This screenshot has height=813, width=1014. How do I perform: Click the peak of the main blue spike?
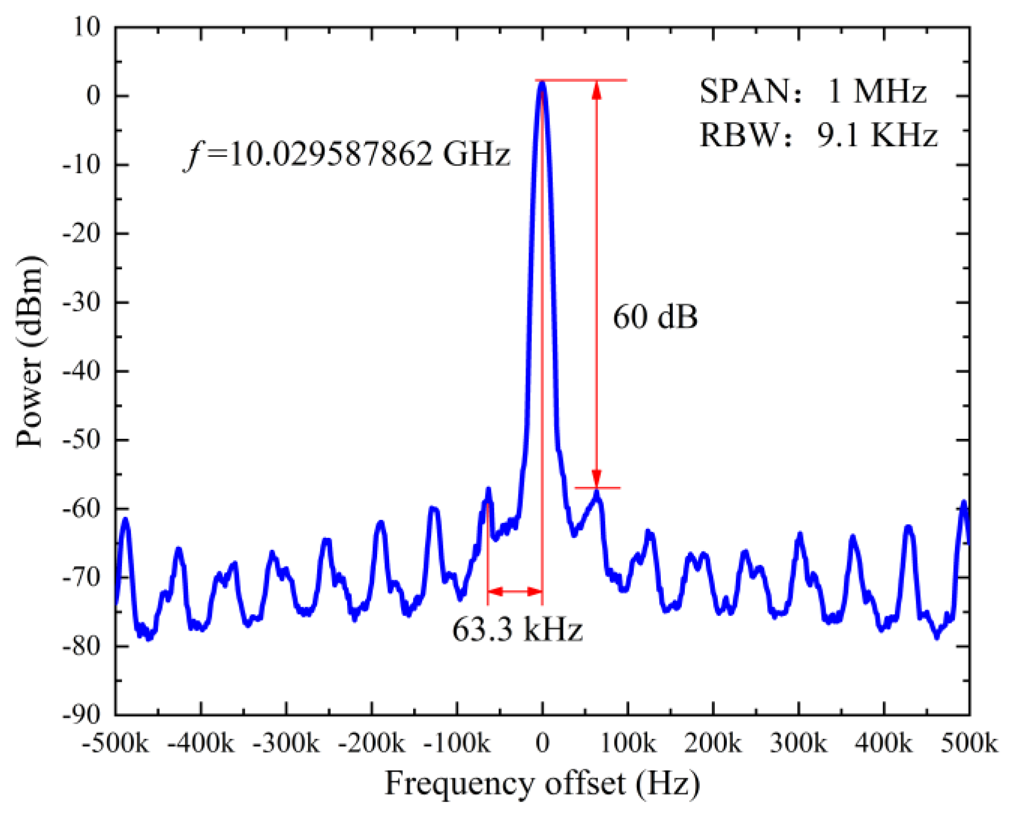542,84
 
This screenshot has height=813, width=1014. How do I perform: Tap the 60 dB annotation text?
655,317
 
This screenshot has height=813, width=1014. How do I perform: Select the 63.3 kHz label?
517,629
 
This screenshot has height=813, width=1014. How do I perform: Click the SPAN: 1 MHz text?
813,91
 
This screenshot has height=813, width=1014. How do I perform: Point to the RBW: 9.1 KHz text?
818,135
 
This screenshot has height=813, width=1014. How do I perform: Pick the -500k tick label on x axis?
115,744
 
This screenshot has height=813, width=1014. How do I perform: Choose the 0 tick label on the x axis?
542,744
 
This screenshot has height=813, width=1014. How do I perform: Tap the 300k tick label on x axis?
798,744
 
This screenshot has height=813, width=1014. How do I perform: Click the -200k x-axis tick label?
371,744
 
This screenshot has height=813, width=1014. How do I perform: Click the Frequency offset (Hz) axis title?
542,783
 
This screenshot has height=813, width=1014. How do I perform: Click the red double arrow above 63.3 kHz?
515,592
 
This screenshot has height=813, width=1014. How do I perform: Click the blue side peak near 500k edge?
964,503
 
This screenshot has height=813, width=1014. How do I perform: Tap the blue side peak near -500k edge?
125,520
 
